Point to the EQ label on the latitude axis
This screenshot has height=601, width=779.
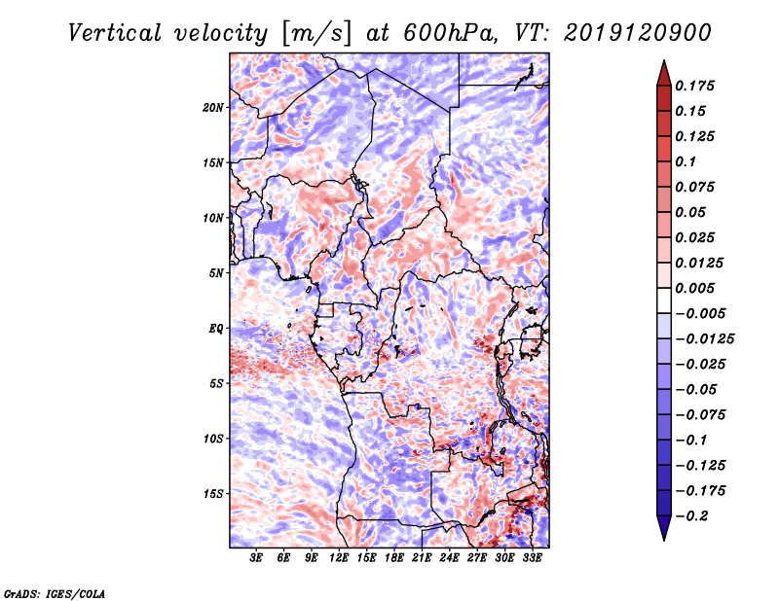pos(216,329)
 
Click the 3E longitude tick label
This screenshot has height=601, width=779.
pos(257,559)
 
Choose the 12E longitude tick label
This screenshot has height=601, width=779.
pos(340,559)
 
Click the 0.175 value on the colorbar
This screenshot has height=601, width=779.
pos(697,86)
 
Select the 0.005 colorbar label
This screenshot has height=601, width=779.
pos(697,288)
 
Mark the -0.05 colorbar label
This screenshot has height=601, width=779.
pos(697,389)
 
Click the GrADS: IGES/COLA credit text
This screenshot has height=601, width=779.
pos(55,592)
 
